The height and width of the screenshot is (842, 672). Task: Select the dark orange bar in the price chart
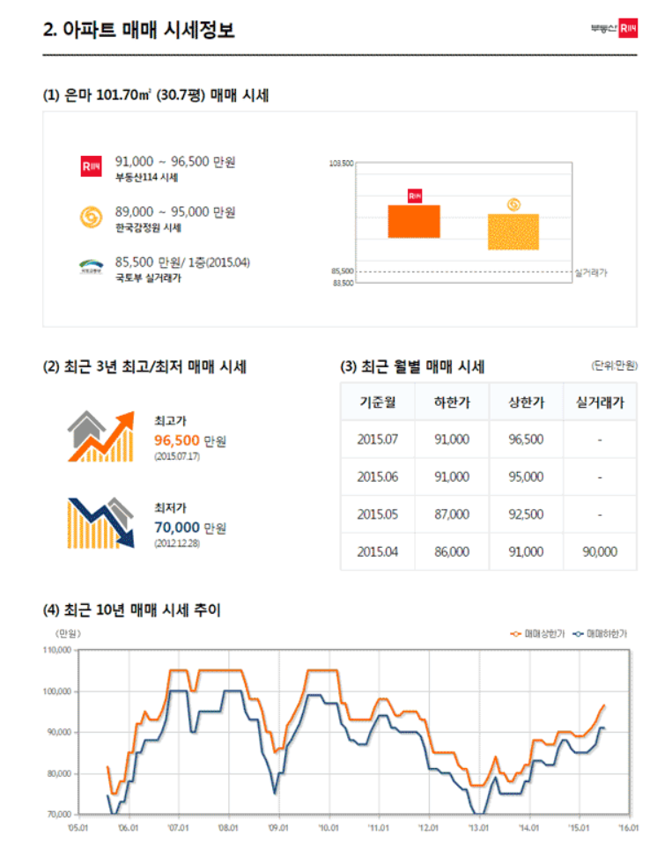[414, 221]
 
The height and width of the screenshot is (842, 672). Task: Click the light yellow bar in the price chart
[513, 232]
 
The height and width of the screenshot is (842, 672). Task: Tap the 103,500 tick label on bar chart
[342, 164]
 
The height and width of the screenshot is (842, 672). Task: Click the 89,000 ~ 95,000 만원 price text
[175, 212]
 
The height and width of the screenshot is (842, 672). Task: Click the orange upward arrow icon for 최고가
[100, 436]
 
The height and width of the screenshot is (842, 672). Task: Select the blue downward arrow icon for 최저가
[100, 522]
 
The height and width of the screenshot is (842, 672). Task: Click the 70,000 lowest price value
[176, 528]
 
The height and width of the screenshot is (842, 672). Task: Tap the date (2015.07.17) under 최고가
[177, 456]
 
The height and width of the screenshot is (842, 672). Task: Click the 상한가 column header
[526, 403]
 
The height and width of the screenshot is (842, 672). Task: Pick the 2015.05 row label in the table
[378, 514]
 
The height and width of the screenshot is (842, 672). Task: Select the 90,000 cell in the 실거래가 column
[600, 552]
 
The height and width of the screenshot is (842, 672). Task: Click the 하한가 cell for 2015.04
[452, 552]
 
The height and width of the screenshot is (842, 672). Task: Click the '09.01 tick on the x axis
[278, 828]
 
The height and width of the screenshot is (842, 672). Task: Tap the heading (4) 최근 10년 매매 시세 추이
[131, 609]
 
